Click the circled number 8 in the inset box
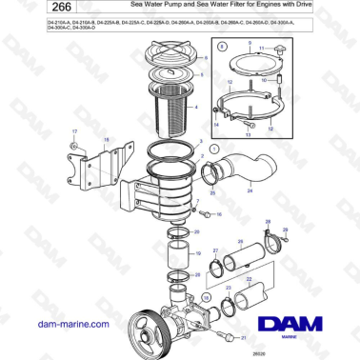(223, 45)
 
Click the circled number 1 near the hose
(214, 150)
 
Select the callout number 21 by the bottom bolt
(243, 337)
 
